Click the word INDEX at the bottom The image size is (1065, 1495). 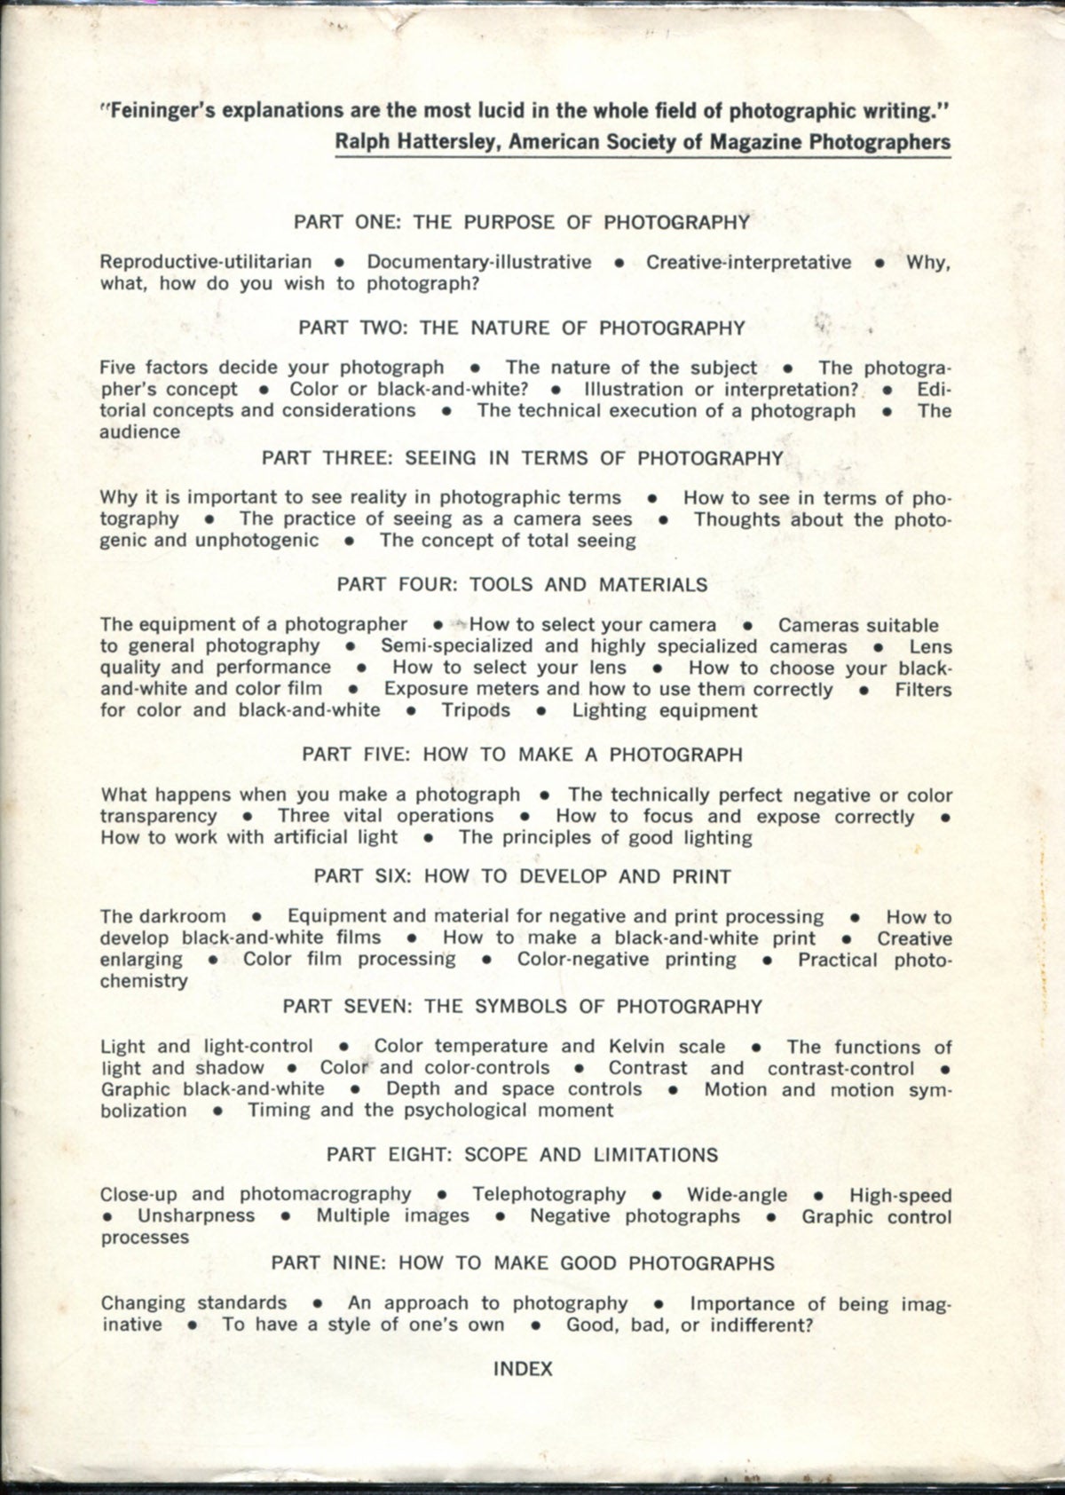(523, 1369)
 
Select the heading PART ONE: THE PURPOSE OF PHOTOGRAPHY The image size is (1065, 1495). (522, 222)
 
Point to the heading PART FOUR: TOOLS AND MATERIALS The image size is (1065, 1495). (522, 585)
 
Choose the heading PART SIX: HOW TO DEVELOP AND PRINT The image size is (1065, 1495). (522, 877)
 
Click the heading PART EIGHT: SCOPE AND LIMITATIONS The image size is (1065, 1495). (522, 1155)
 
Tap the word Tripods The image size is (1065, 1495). (476, 710)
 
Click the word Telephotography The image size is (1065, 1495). (548, 1195)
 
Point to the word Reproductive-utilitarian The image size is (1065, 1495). (206, 262)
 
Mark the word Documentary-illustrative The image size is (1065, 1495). (479, 262)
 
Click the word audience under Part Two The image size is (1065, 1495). (139, 432)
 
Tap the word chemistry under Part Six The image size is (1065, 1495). (144, 981)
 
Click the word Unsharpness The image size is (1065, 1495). (196, 1216)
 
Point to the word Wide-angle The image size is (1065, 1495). (737, 1195)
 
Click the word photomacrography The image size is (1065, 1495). (326, 1195)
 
